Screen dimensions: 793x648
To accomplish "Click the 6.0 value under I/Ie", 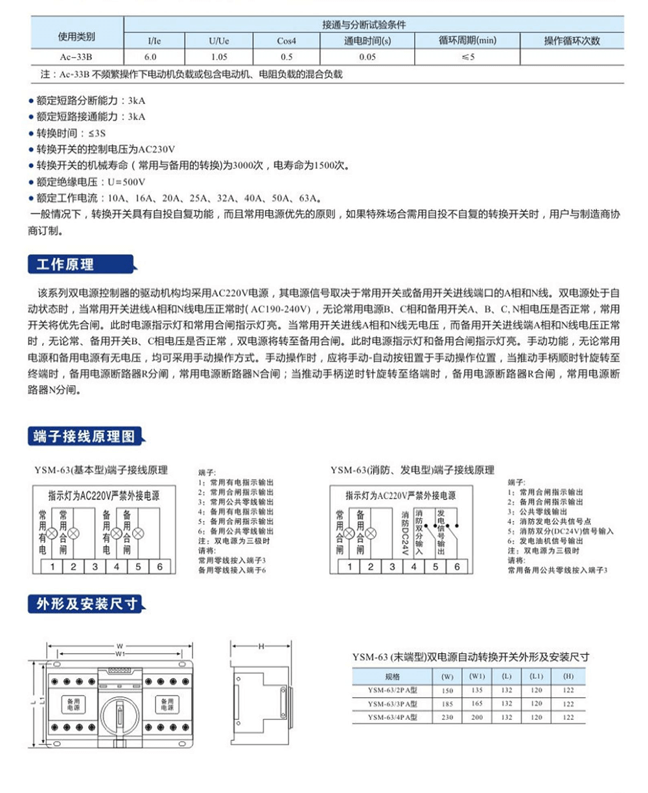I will [150, 57].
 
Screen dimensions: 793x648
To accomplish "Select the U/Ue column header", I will [219, 41].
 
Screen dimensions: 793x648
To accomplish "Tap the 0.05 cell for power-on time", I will [367, 57].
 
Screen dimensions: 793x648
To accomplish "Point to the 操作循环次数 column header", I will [572, 41].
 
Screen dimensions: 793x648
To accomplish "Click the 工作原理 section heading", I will [65, 264].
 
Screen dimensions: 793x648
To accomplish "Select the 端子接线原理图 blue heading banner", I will [84, 436].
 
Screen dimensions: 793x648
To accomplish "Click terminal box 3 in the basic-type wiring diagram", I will [95, 567].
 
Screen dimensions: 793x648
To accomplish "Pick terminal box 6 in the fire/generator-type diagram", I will [456, 567].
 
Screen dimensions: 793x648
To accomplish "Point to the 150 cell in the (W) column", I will [447, 691].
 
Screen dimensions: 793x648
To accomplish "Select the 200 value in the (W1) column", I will [477, 717].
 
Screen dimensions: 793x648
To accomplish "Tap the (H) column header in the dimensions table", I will [568, 676].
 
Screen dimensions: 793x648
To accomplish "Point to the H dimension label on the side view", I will [260, 647].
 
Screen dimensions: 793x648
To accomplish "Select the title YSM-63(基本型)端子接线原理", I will [101, 470].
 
